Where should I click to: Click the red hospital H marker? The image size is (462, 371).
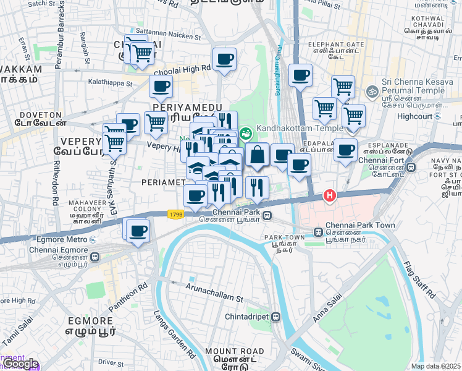coord(330,196)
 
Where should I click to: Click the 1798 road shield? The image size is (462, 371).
coord(175,214)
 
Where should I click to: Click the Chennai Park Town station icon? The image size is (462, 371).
coord(317,233)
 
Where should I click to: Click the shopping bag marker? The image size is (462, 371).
coord(257,155)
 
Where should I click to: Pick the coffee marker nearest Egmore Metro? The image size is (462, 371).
coord(138,231)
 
